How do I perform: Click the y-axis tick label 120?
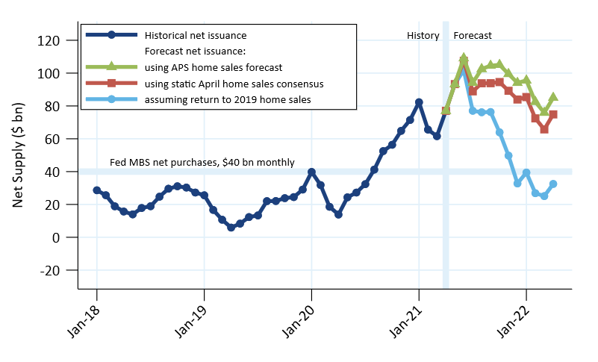(60, 40)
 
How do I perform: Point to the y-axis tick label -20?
(60, 270)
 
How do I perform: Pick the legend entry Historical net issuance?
(196, 35)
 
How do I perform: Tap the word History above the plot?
(423, 35)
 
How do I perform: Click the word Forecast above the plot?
(473, 35)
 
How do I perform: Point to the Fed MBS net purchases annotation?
(202, 162)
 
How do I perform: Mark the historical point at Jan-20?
(311, 172)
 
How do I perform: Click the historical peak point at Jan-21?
(419, 102)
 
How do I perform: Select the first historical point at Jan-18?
(97, 190)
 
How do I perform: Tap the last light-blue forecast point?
(553, 184)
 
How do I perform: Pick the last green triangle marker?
(553, 96)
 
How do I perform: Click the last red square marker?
(553, 114)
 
